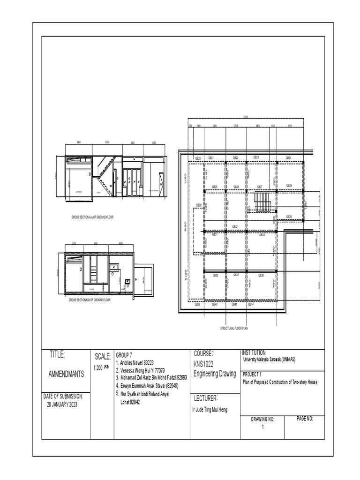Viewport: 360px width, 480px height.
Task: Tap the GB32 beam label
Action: (x=235, y=226)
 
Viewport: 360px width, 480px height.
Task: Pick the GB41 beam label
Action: (x=234, y=304)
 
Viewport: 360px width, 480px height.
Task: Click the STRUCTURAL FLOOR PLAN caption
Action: (x=233, y=329)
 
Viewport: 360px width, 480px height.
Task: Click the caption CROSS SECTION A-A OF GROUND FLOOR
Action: (x=92, y=217)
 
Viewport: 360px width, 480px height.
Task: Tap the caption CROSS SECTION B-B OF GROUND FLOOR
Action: (x=90, y=300)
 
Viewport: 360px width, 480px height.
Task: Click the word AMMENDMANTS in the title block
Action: (x=67, y=374)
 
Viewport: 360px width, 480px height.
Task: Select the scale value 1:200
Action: (x=98, y=368)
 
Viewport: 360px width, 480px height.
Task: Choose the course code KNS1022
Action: (x=203, y=364)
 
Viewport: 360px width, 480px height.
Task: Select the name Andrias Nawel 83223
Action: (x=135, y=362)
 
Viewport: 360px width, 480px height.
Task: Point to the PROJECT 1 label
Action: (x=253, y=374)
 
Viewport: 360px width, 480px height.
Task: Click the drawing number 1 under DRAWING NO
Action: (x=262, y=427)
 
